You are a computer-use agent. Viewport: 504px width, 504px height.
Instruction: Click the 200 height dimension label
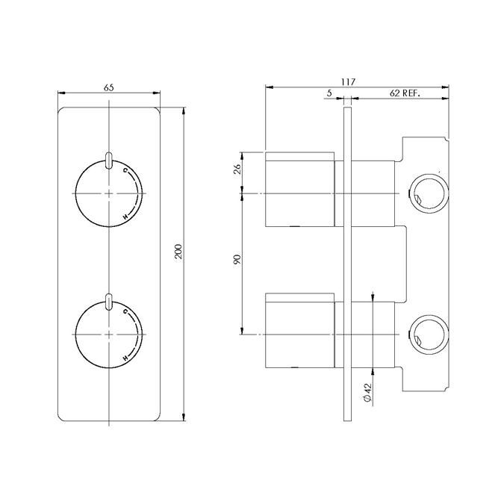point(178,252)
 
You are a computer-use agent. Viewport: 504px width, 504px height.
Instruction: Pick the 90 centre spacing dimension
point(238,261)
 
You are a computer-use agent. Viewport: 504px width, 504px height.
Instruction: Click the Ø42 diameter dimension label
point(367,393)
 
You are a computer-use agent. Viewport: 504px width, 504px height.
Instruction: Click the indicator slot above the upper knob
point(110,159)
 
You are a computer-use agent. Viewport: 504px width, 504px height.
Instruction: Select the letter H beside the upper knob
point(125,217)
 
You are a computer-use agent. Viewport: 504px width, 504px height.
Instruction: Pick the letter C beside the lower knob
point(125,310)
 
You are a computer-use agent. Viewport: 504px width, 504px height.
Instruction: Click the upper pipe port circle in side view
point(428,193)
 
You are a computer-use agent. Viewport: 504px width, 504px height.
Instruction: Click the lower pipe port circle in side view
point(428,334)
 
